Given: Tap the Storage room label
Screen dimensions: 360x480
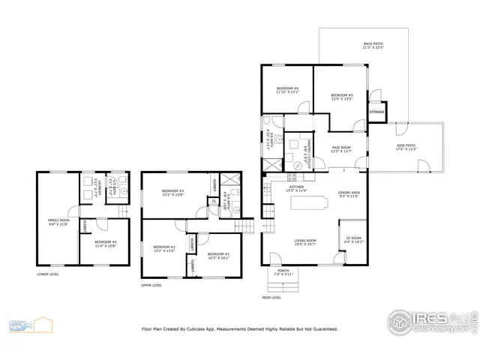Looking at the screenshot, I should pyautogui.click(x=376, y=112).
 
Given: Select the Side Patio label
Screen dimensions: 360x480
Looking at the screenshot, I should pyautogui.click(x=406, y=148).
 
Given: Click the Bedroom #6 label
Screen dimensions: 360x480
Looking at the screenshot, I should pyautogui.click(x=287, y=90).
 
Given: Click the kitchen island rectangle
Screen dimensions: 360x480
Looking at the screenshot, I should pyautogui.click(x=312, y=201).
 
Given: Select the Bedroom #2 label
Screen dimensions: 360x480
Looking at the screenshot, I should pyautogui.click(x=163, y=248).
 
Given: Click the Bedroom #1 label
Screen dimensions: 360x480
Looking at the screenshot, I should pyautogui.click(x=218, y=255).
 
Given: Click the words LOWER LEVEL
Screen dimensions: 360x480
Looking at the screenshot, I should pyautogui.click(x=47, y=274).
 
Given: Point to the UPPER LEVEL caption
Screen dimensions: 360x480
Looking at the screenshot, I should pyautogui.click(x=151, y=285).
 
